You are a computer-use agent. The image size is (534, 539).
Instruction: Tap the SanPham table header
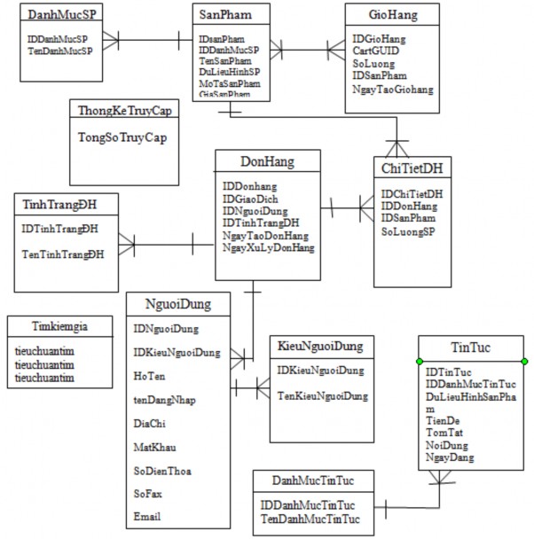(x=221, y=16)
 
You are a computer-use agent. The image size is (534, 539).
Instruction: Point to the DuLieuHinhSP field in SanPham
(x=230, y=72)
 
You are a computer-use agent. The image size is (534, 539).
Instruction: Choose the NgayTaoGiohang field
(x=392, y=90)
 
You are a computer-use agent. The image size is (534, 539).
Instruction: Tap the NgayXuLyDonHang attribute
(x=269, y=248)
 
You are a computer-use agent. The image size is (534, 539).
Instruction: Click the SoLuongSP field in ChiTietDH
(x=409, y=231)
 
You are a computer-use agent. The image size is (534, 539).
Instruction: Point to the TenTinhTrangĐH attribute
(x=63, y=254)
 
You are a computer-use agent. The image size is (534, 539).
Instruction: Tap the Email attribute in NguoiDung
(x=147, y=516)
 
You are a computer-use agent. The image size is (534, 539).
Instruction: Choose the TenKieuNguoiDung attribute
(x=322, y=395)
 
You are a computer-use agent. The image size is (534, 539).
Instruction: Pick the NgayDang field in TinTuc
(x=451, y=457)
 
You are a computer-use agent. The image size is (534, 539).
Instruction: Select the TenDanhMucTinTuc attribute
(x=310, y=518)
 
